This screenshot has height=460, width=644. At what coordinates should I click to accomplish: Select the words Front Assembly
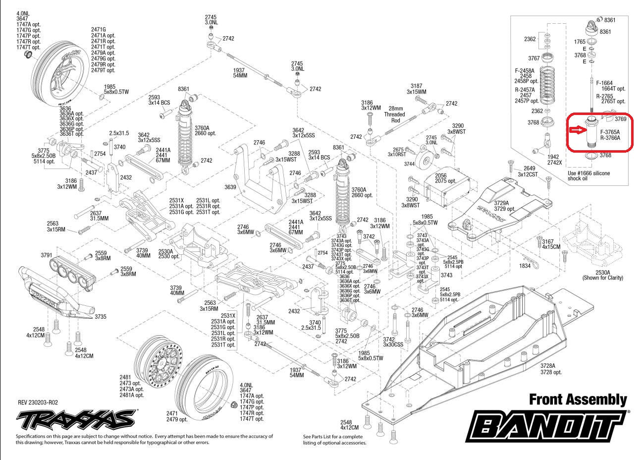point(578,400)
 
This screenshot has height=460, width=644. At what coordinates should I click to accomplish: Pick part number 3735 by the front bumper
point(101,316)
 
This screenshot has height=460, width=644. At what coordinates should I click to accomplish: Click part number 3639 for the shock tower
point(230,187)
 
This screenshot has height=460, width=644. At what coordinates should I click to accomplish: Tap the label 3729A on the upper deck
point(501,204)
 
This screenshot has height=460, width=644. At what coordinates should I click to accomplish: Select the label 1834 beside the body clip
point(525,266)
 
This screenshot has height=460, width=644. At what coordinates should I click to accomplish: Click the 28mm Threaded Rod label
point(396,115)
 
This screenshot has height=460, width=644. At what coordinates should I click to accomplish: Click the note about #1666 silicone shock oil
point(589,176)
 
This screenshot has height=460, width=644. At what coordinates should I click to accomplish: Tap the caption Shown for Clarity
point(602,278)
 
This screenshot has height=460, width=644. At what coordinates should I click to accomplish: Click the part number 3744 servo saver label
point(409,164)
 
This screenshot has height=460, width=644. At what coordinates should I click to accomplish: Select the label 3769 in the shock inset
point(621,119)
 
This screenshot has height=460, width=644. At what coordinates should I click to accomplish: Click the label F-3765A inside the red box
point(610,132)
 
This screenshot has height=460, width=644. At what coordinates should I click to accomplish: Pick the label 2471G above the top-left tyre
point(99,29)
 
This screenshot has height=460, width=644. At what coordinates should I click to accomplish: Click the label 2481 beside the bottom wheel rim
point(125,377)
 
